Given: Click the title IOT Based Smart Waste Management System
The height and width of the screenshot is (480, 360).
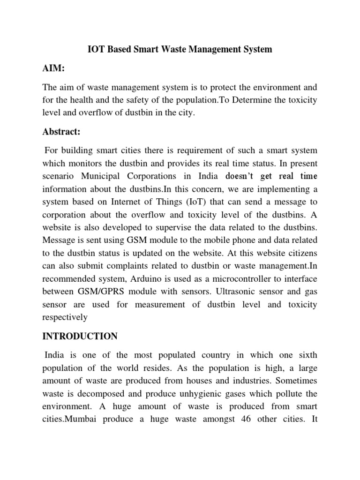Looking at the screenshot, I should tap(180, 49).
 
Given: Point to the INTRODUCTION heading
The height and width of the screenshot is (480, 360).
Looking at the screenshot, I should tap(81, 337).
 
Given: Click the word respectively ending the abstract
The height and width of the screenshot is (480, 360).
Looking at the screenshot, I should tap(65, 317).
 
